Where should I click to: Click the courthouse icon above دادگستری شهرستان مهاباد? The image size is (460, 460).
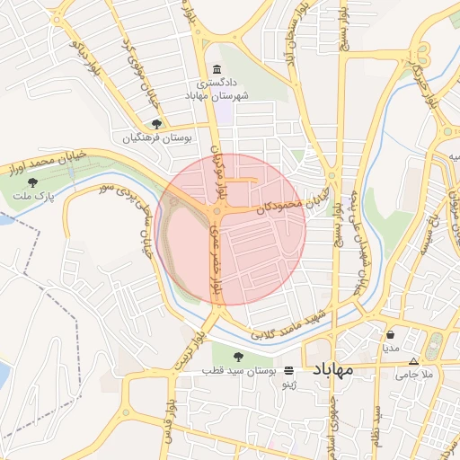click(215, 70)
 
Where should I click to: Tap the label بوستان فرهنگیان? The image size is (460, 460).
click(158, 138)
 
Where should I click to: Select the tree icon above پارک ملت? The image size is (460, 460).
click(32, 182)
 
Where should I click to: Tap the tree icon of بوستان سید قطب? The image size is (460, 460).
click(237, 358)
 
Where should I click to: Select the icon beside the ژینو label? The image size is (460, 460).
click(288, 370)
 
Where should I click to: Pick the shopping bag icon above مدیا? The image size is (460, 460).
click(390, 334)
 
